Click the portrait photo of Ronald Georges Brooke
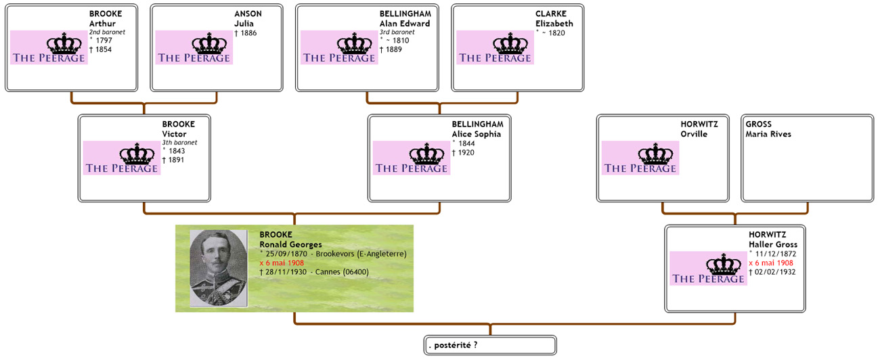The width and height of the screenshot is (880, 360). click(x=218, y=268)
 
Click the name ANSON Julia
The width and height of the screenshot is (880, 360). click(x=248, y=19)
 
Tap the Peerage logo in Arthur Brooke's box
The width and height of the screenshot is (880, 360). click(x=49, y=48)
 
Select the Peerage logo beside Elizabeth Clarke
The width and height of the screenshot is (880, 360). click(x=495, y=48)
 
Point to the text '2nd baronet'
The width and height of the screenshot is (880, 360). click(x=107, y=32)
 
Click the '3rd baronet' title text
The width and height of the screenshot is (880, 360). click(x=397, y=32)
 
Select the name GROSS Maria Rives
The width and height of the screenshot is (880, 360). click(x=768, y=129)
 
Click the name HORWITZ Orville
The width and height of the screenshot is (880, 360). click(x=699, y=129)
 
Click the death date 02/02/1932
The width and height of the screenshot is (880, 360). click(x=774, y=272)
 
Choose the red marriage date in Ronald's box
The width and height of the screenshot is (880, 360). click(x=282, y=263)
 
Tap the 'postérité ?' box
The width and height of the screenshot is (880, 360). click(x=489, y=345)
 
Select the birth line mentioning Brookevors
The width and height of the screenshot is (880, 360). click(x=334, y=253)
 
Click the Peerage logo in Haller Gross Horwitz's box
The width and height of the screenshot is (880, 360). click(x=707, y=269)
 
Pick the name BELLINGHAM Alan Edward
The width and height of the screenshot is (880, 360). click(x=405, y=19)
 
